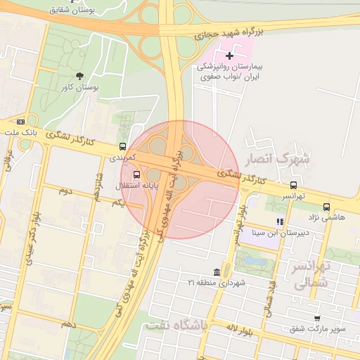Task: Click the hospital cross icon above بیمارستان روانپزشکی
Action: click(x=229, y=55)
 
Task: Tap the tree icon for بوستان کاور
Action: click(x=79, y=76)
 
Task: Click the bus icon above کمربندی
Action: click(x=123, y=147)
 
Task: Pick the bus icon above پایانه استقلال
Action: click(x=136, y=174)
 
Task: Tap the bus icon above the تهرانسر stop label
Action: click(x=293, y=185)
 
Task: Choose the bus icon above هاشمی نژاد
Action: click(x=326, y=207)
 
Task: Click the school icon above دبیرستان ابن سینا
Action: click(x=279, y=221)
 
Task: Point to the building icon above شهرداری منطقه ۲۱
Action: click(x=216, y=272)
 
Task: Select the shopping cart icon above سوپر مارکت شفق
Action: click(x=317, y=318)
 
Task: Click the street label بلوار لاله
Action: click(x=241, y=328)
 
